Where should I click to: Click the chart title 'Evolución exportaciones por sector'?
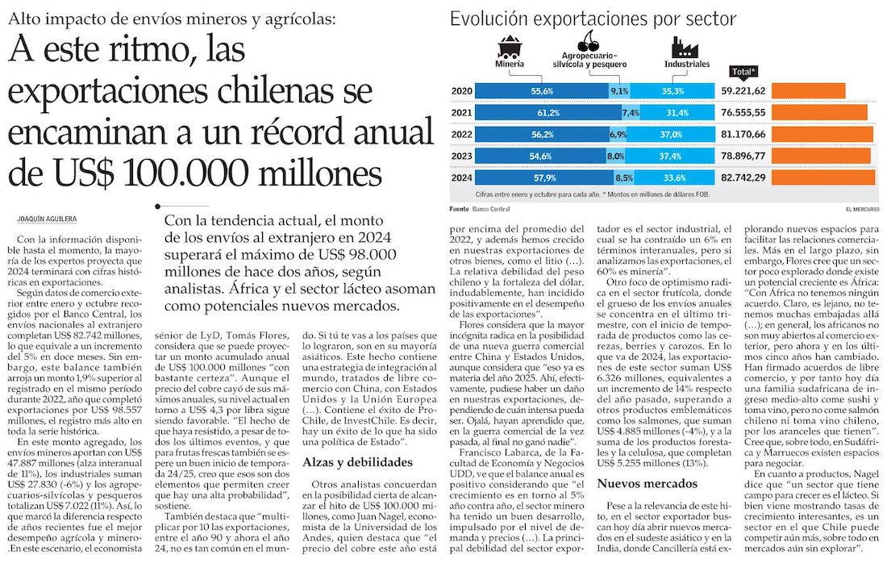coord(593,19)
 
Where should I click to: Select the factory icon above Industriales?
coord(677,45)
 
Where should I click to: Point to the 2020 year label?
coord(462,90)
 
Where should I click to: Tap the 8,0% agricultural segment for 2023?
coord(616,155)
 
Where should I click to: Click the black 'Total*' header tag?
coord(739,71)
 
